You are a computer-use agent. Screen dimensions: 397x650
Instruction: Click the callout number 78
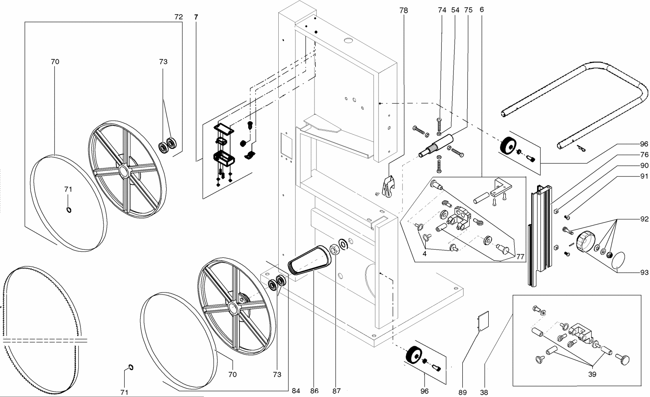pos(403,11)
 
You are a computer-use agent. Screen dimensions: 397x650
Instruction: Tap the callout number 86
pos(314,391)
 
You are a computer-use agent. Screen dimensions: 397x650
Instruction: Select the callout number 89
pos(463,392)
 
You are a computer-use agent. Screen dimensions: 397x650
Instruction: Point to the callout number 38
pos(484,392)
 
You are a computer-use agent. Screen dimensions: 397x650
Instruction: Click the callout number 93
pos(644,273)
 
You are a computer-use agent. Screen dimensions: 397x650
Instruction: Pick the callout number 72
pos(178,17)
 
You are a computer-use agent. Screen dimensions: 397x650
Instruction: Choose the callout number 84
pos(296,391)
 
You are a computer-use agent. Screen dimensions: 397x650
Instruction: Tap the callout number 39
pos(592,374)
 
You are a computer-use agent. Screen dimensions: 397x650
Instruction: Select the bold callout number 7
pos(197,17)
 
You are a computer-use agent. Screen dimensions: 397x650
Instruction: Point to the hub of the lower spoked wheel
pos(233,308)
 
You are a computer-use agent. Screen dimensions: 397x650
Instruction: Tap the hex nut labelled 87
pos(334,249)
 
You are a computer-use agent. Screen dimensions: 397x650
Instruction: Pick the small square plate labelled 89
pos(483,320)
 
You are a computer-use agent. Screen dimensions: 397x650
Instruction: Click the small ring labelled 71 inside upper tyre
pos(69,209)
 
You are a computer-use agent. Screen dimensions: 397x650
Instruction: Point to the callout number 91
pos(644,177)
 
